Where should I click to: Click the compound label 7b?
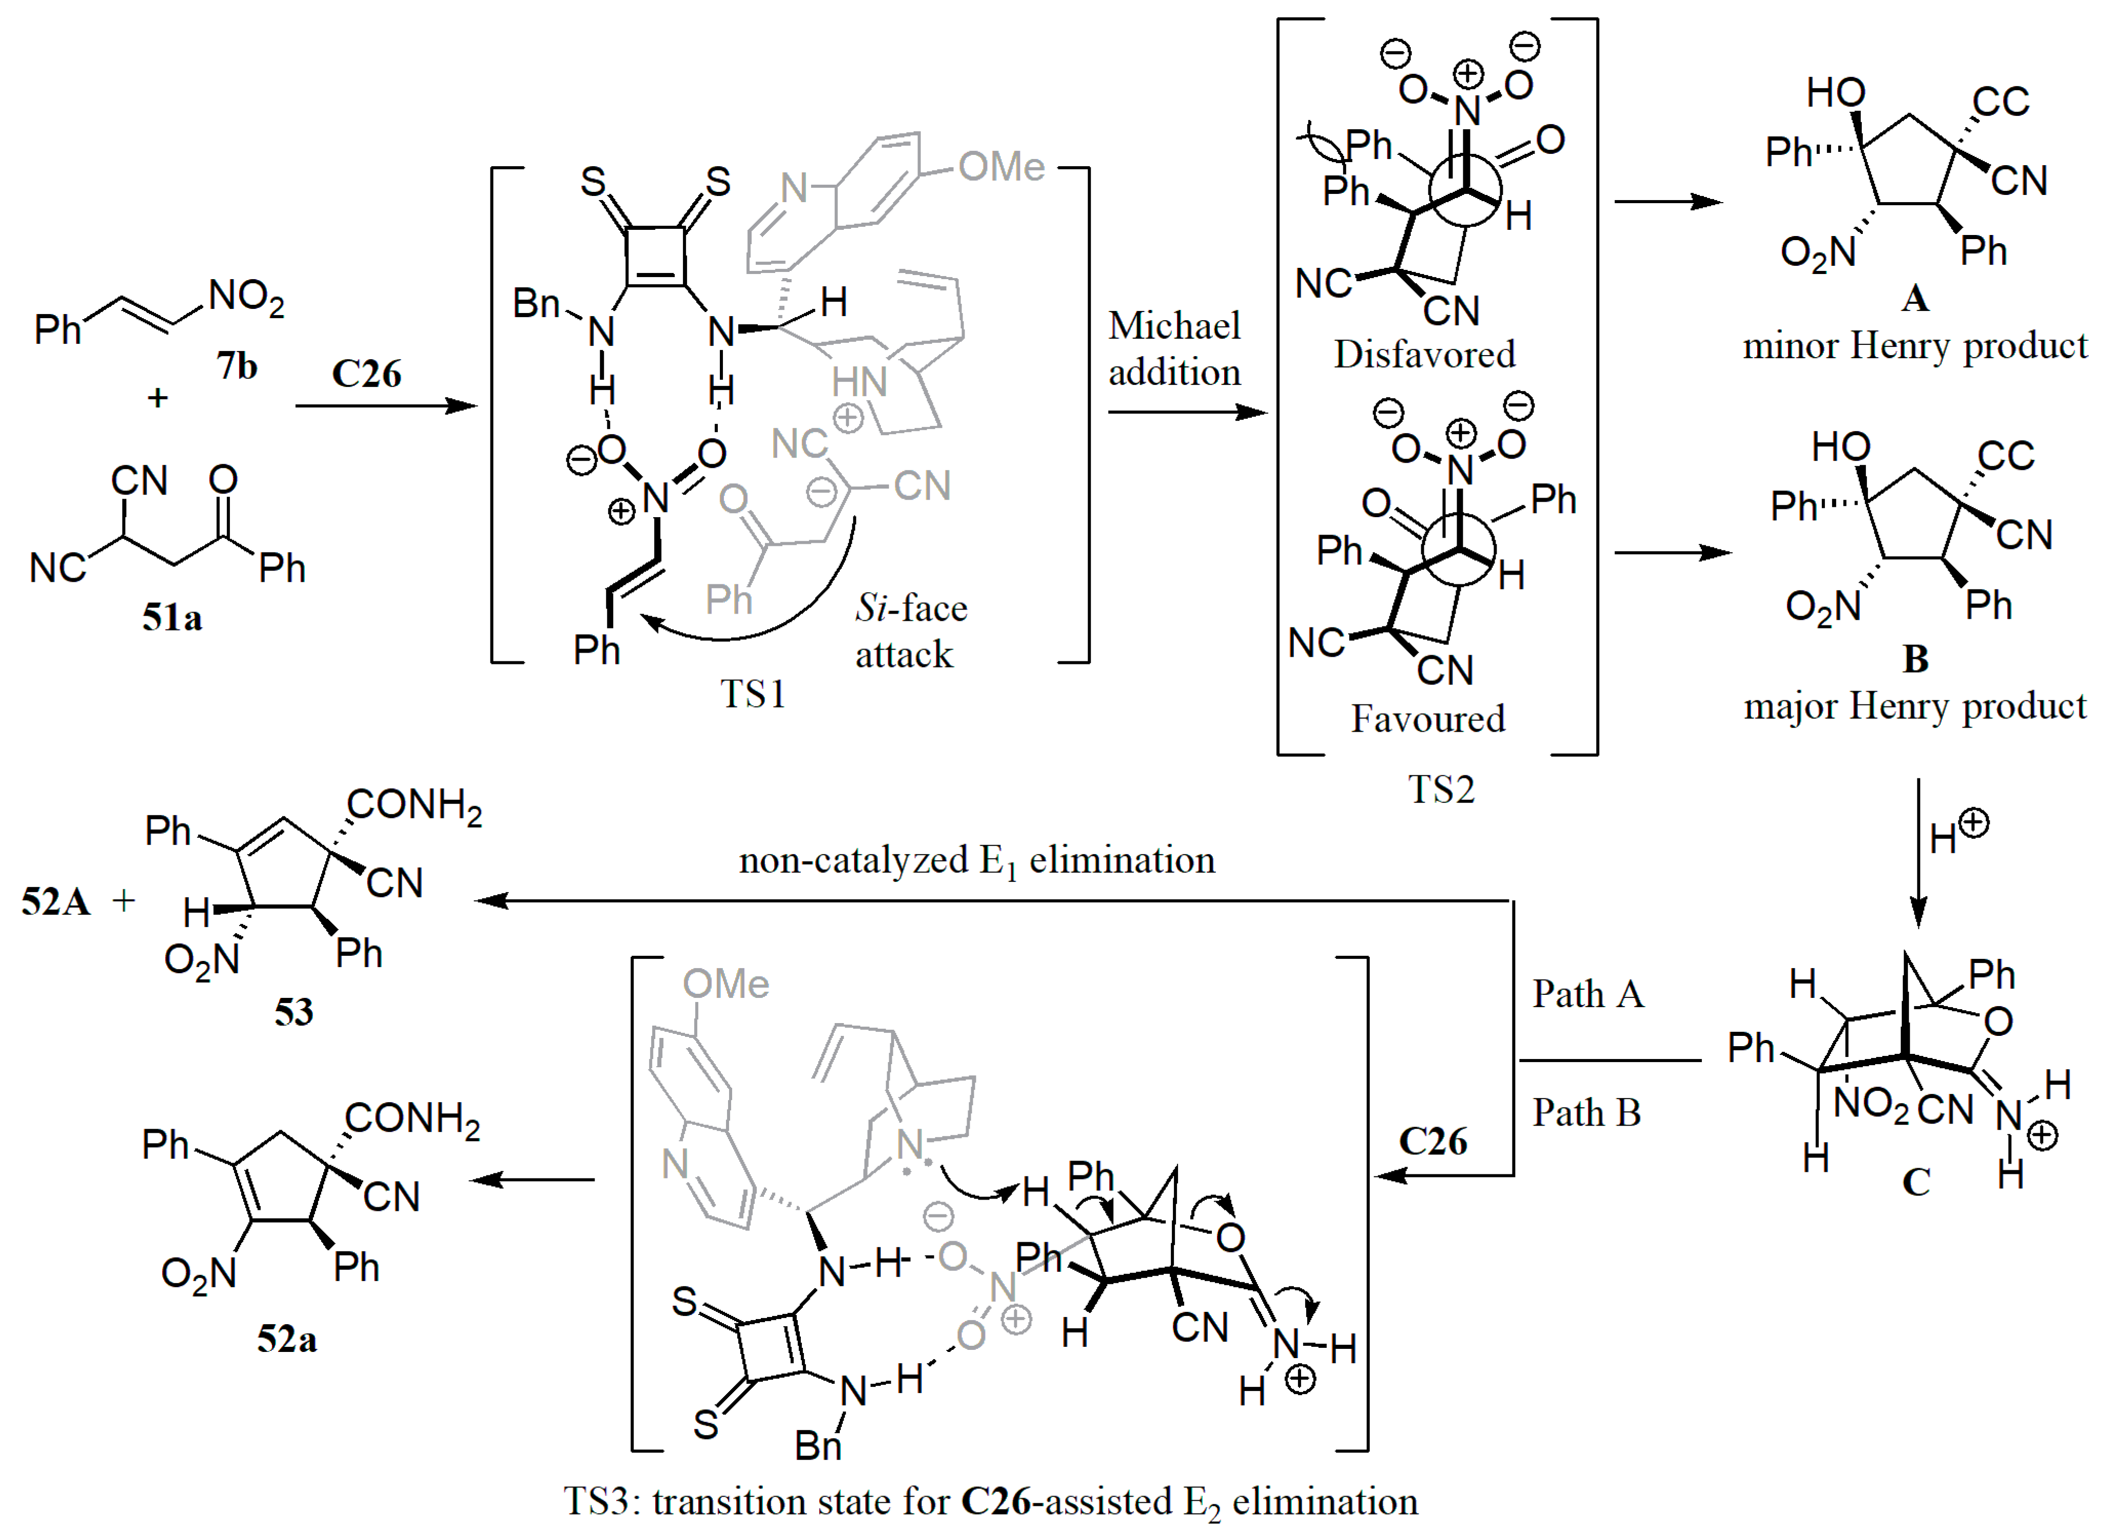click(x=237, y=366)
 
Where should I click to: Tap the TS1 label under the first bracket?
click(x=753, y=693)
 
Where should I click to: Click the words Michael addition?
click(x=1174, y=348)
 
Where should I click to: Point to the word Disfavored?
click(x=1424, y=354)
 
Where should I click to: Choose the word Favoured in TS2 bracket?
click(x=1427, y=718)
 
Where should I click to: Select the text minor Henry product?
click(x=1915, y=346)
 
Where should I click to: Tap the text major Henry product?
click(x=1915, y=706)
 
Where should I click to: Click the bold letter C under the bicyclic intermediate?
click(x=1916, y=1182)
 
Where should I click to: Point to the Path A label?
click(x=1587, y=994)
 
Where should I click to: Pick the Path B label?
click(x=1586, y=1113)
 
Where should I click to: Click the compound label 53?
click(x=294, y=1012)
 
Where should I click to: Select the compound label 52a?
click(x=286, y=1339)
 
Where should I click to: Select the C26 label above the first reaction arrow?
click(x=366, y=374)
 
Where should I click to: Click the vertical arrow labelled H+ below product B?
click(x=1918, y=853)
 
